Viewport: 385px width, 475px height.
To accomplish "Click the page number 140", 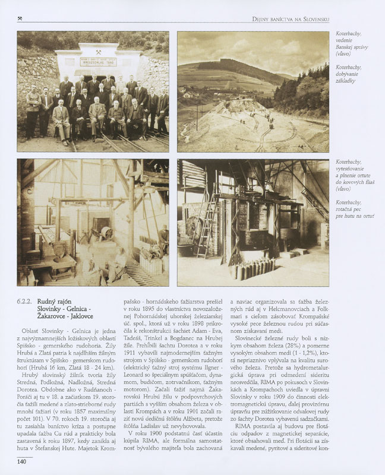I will tap(21, 461).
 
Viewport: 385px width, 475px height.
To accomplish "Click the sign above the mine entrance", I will tap(99, 61).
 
